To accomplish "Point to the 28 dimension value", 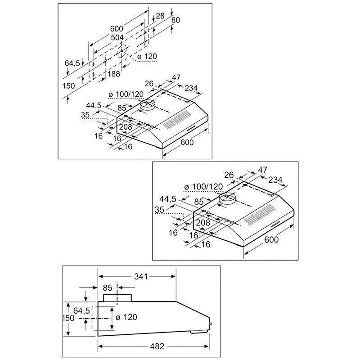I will pos(160,16).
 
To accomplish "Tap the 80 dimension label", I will pos(176,20).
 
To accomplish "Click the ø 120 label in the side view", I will pos(126,317).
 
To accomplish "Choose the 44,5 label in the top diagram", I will pos(94,105).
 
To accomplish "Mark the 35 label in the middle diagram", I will pos(160,209).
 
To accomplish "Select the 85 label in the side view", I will pos(108,287).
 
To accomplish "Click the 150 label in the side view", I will pos(68,318).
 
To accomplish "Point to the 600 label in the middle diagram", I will pos(272,239).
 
